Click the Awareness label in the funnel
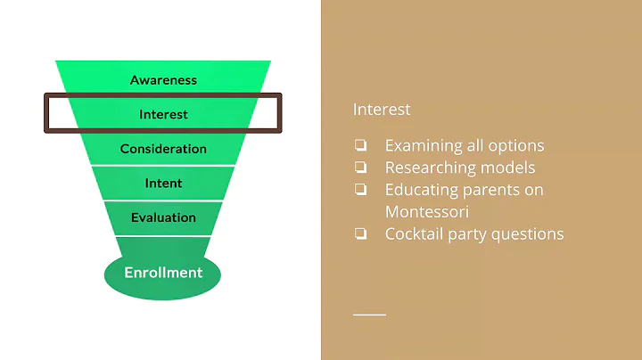pos(163,80)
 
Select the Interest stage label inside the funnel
pos(163,114)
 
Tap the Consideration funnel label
pos(163,149)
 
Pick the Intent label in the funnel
pos(163,184)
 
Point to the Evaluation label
pos(163,217)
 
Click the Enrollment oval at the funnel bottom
pos(163,273)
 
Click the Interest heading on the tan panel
pos(382,110)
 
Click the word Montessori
pos(428,211)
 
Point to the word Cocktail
pos(413,233)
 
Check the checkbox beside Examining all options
pos(360,145)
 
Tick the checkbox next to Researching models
pos(360,168)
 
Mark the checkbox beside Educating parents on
pos(360,190)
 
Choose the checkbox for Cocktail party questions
pos(360,234)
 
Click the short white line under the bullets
pos(369,315)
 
